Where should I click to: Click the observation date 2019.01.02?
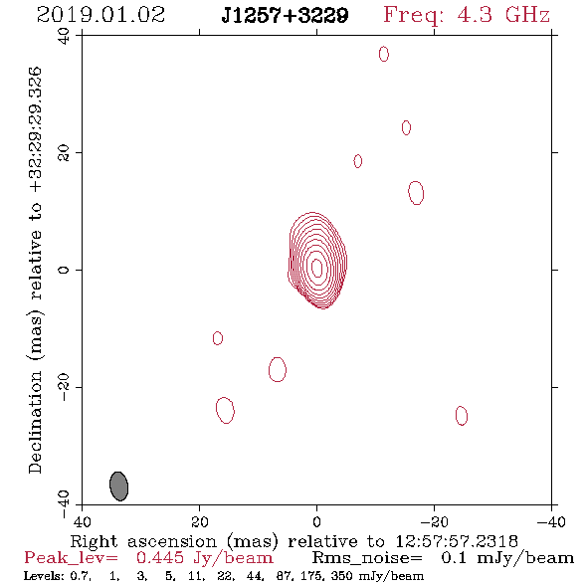[x=100, y=15]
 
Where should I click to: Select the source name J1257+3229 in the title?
[x=285, y=15]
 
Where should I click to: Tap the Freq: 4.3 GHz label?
[x=467, y=15]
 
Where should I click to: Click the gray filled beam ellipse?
[x=119, y=486]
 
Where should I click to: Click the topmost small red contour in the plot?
[x=384, y=54]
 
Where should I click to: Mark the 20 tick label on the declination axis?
[x=64, y=153]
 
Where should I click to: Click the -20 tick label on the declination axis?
[x=64, y=387]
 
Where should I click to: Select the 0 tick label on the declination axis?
[x=64, y=270]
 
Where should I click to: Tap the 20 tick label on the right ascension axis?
[x=199, y=522]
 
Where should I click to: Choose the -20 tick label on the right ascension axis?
[x=434, y=522]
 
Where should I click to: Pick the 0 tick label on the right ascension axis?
[x=316, y=522]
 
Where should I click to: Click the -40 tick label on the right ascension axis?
[x=551, y=522]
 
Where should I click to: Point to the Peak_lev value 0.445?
[x=160, y=558]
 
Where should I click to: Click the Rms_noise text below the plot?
[x=367, y=558]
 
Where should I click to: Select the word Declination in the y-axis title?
[x=35, y=422]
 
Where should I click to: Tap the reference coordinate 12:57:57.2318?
[x=457, y=541]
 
